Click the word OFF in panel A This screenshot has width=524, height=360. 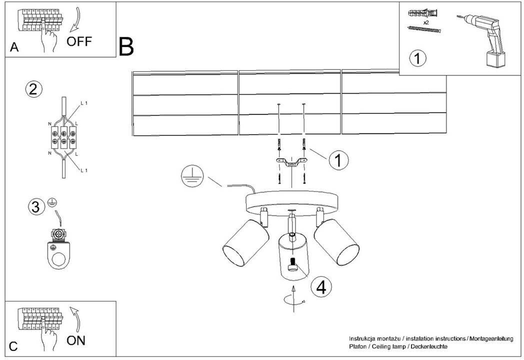coord(79,41)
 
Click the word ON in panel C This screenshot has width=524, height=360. coord(76,341)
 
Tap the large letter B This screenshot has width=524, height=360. coord(126,46)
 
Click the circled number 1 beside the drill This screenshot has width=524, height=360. coord(418,58)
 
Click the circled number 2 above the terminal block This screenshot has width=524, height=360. coord(33,89)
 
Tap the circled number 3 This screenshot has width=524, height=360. coord(35,207)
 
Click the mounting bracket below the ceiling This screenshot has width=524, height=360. coord(290,162)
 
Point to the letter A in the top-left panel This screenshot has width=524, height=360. coord(14,48)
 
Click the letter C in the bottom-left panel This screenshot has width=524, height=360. coord(14,346)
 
